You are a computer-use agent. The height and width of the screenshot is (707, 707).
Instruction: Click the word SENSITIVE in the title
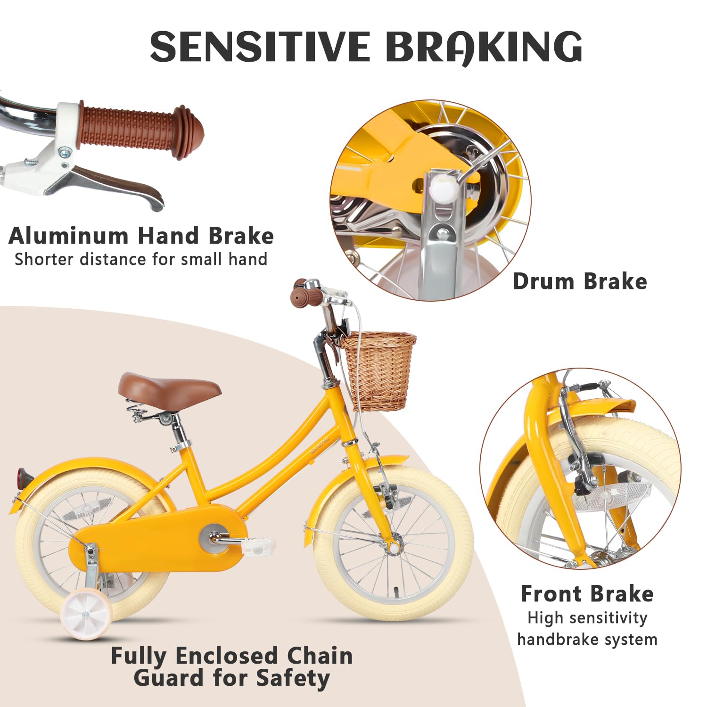coord(260,47)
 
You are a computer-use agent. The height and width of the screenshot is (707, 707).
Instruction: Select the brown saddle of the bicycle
coord(169,386)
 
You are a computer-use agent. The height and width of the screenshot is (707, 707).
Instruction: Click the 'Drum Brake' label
coord(580,282)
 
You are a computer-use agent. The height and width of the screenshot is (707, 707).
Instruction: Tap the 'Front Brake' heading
coord(587,594)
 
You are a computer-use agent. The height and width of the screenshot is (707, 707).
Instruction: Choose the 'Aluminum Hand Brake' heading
coord(141,236)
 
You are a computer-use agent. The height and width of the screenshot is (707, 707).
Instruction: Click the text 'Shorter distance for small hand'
coord(141,259)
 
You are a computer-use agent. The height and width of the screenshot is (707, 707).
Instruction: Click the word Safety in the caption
coord(292,679)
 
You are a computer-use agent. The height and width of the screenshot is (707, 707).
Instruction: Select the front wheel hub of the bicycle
coord(393,547)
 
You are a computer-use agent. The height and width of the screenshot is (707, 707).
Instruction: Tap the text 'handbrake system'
coord(587,640)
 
